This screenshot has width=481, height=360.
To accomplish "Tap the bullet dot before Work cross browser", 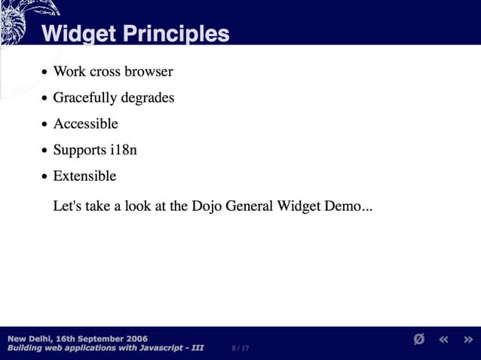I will click(x=45, y=73).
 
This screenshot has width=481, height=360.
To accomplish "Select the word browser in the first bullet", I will click(x=149, y=72).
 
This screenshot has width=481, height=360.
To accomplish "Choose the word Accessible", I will click(x=85, y=124).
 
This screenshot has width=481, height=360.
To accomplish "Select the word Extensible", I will click(x=84, y=175).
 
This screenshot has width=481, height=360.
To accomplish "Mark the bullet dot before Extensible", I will click(x=45, y=177).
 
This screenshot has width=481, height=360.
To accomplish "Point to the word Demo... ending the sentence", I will click(x=348, y=206).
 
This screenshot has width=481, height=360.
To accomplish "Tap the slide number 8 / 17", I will click(x=241, y=349).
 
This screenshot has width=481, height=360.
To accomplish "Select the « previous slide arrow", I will click(x=444, y=340).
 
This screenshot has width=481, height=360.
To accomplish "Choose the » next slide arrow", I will click(x=468, y=340).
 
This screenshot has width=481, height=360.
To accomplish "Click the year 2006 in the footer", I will click(x=136, y=338).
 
